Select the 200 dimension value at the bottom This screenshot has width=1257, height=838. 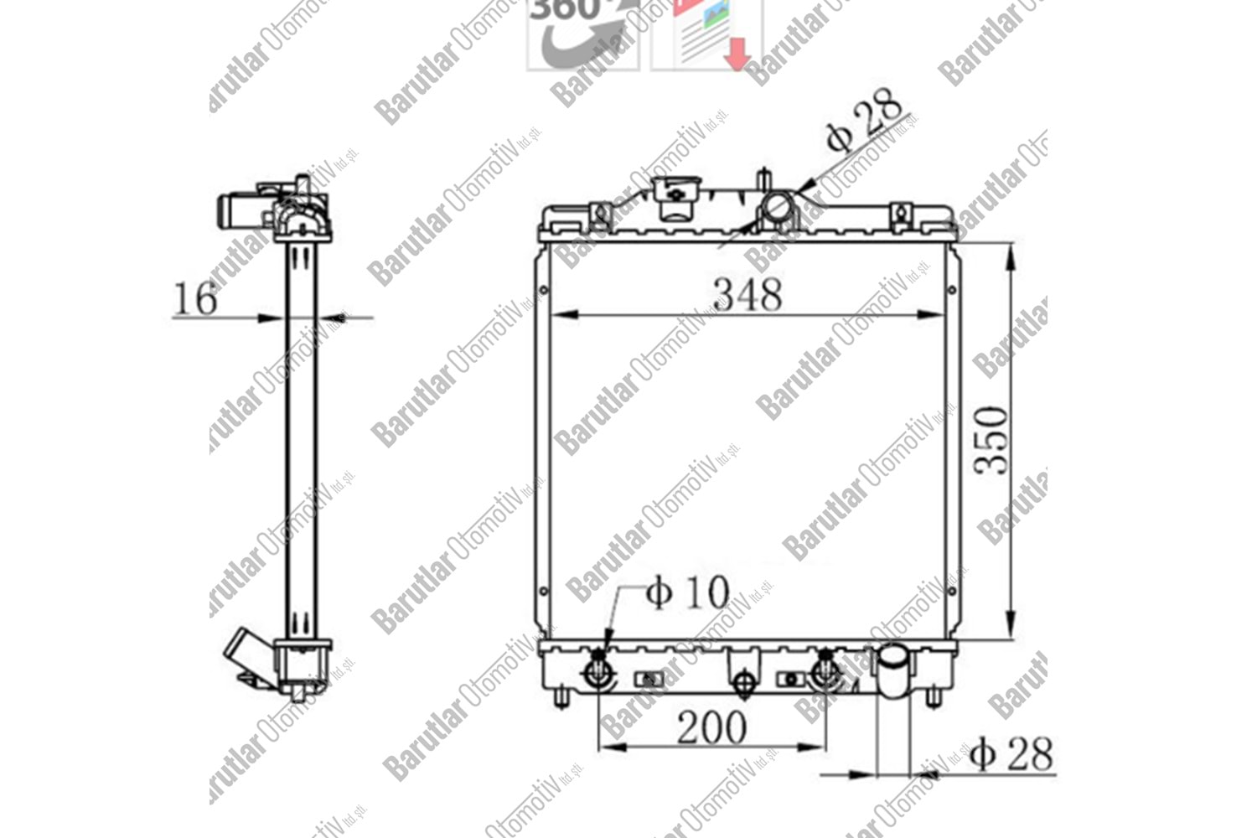point(711,727)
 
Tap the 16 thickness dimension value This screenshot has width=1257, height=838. point(194,298)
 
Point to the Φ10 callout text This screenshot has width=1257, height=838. point(688,592)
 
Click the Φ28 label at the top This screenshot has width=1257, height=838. point(865,123)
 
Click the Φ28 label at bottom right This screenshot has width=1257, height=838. point(1011,754)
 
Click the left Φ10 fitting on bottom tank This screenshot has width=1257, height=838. point(598,671)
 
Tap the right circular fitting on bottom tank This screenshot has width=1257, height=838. point(825,671)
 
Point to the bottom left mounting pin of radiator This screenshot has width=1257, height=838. point(562,697)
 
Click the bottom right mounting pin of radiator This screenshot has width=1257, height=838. point(933,697)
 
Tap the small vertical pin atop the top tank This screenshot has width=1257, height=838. point(763,181)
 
